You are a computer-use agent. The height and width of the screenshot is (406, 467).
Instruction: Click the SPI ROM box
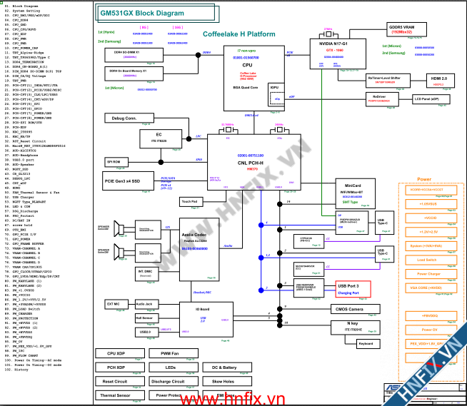pyautogui.click(x=118, y=162)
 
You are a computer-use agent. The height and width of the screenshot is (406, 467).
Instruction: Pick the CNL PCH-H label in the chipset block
pyautogui.click(x=251, y=163)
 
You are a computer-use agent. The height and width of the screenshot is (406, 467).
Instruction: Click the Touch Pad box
pyautogui.click(x=189, y=202)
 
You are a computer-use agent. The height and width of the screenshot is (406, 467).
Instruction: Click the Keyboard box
pyautogui.click(x=366, y=344)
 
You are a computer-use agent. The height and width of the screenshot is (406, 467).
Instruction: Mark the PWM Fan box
pyautogui.click(x=170, y=353)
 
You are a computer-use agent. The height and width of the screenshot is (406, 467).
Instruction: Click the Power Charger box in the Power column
pyautogui.click(x=428, y=274)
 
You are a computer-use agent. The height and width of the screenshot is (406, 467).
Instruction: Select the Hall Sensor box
pyautogui.click(x=145, y=318)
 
